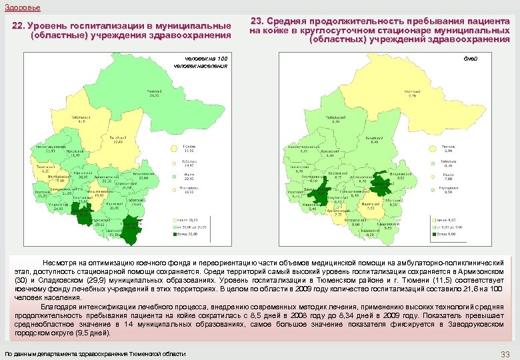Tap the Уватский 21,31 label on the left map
click(x=154, y=92)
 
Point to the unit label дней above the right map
click(x=471, y=59)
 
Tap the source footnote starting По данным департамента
click(x=95, y=353)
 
